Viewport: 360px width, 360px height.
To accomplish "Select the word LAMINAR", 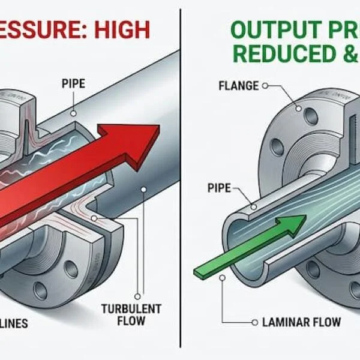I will (x=286, y=323).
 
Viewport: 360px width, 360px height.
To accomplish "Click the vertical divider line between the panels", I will (x=181, y=180).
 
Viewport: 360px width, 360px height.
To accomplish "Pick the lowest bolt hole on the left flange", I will (x=40, y=290).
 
